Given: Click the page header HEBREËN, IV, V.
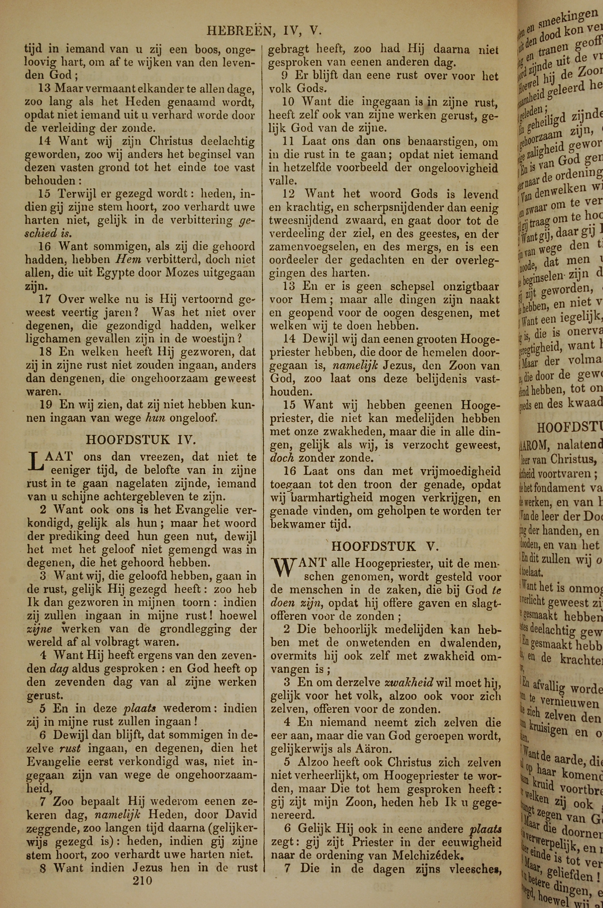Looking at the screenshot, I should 264,30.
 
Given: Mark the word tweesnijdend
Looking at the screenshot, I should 304,221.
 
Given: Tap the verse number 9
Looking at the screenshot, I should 285,75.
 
